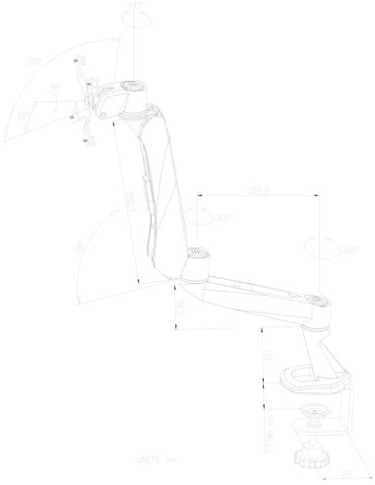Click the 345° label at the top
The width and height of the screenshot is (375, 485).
pos(136,7)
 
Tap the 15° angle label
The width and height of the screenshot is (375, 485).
pos(22,116)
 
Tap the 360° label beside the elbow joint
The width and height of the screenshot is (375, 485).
pos(223,218)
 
